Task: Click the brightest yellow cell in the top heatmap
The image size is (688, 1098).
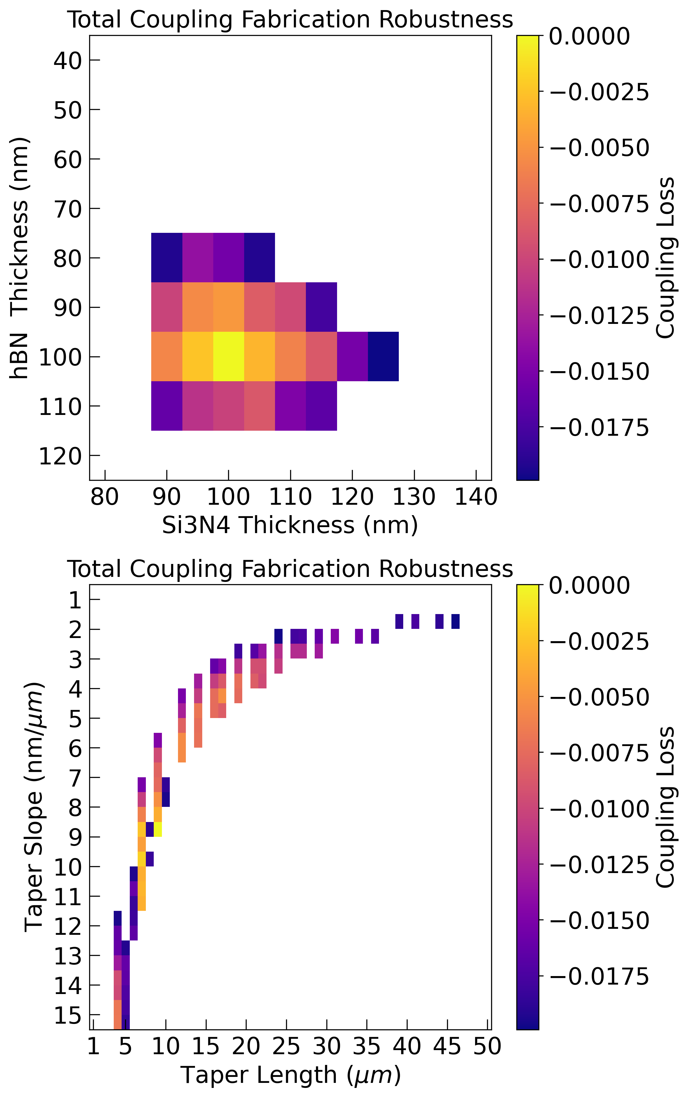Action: click(x=228, y=356)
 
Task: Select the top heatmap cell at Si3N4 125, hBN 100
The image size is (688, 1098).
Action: click(x=383, y=356)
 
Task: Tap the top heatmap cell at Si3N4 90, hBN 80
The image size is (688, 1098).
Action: click(x=167, y=257)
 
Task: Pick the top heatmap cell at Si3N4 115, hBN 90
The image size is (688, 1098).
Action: click(x=321, y=307)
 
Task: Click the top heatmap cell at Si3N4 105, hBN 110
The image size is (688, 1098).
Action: click(x=259, y=405)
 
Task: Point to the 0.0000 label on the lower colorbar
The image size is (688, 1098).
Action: click(x=589, y=586)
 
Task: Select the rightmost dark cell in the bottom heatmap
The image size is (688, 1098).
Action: click(x=456, y=622)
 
